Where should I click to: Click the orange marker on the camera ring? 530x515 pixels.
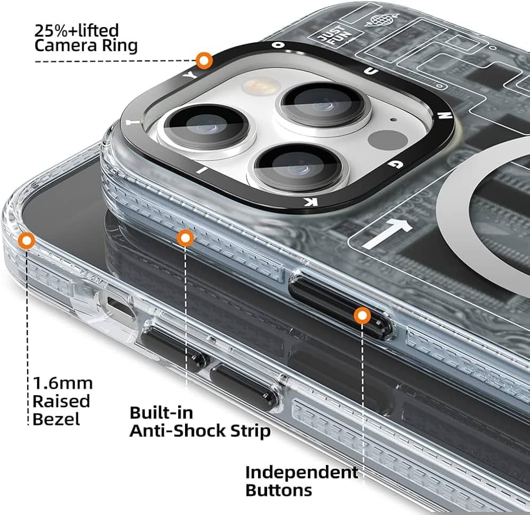204,60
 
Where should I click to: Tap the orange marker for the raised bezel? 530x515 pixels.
26,241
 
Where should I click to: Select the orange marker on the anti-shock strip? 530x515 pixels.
184,238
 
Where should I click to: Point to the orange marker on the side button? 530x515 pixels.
362,316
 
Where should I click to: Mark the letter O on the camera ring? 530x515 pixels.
274,46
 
